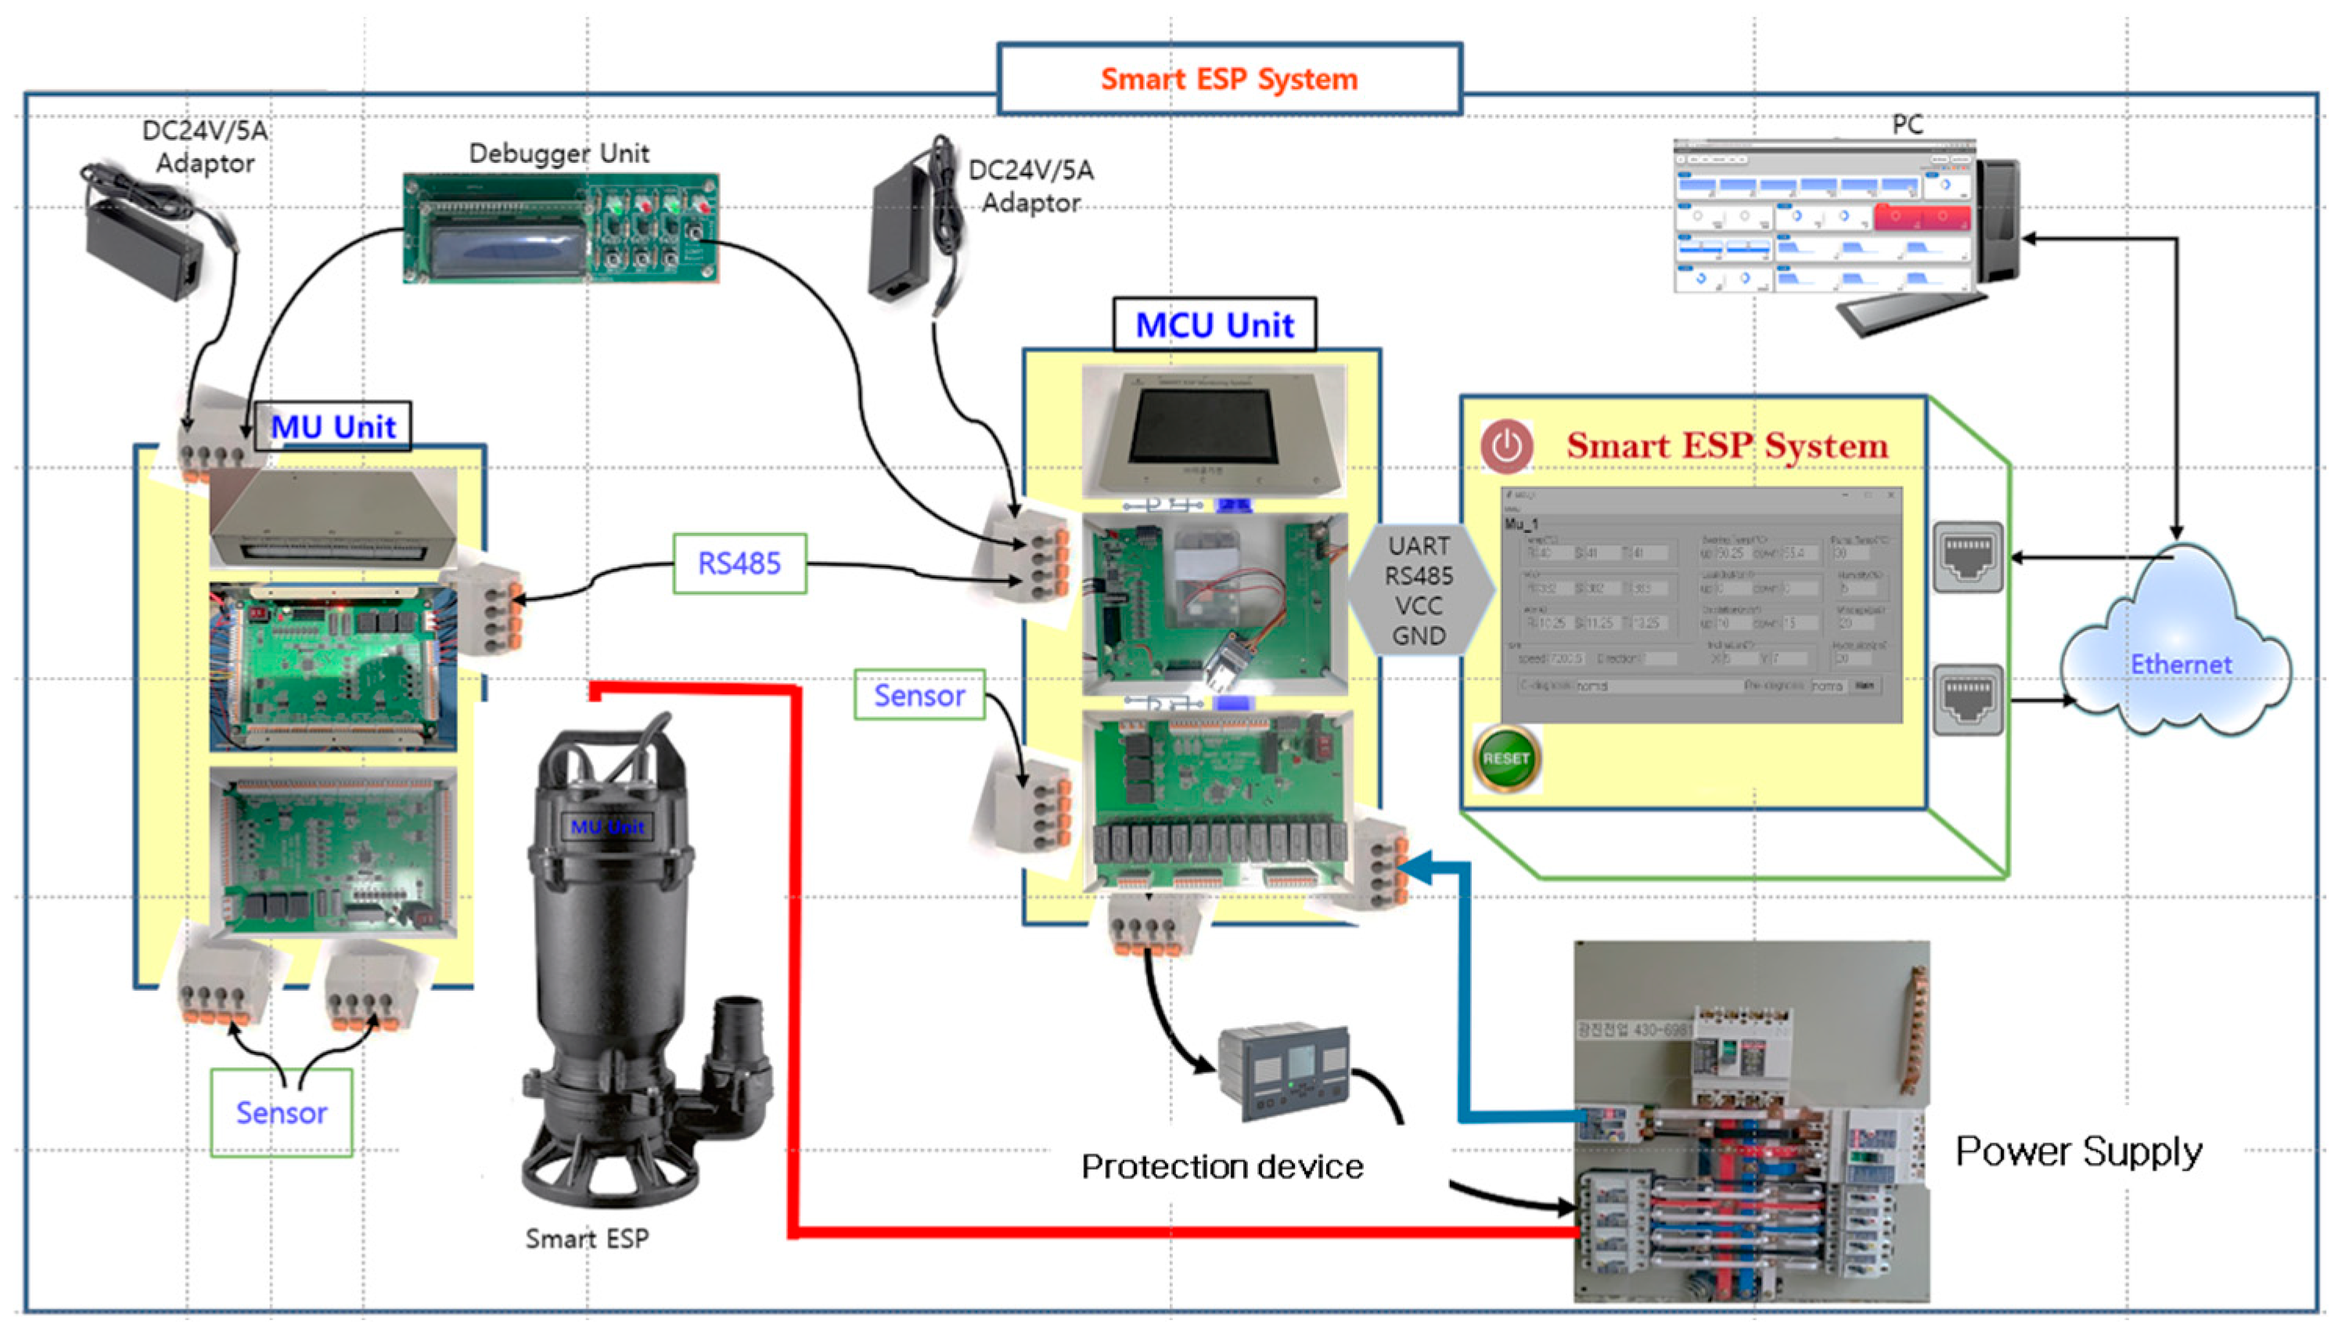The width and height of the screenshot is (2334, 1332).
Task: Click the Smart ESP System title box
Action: pyautogui.click(x=1228, y=79)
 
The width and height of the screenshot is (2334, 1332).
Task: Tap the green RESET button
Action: pyautogui.click(x=1505, y=758)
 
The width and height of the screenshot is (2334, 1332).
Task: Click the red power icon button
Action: pyautogui.click(x=1506, y=446)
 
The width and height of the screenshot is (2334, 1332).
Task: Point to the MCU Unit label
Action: pyautogui.click(x=1214, y=325)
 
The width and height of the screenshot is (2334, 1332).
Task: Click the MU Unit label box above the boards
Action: pyautogui.click(x=332, y=427)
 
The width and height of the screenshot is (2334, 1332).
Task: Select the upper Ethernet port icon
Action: pyautogui.click(x=1967, y=556)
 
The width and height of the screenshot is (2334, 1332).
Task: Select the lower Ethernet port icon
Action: pyautogui.click(x=1967, y=699)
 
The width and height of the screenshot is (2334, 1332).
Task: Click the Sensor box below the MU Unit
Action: pyautogui.click(x=281, y=1112)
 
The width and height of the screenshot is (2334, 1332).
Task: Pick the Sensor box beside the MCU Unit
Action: pyautogui.click(x=919, y=695)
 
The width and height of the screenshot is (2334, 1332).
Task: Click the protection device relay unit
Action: pyautogui.click(x=1285, y=1072)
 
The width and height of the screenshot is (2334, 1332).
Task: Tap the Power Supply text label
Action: pyautogui.click(x=2078, y=1151)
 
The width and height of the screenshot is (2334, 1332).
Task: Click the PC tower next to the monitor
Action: pyautogui.click(x=1998, y=220)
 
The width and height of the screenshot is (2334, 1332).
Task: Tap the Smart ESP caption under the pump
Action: pyautogui.click(x=586, y=1238)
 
